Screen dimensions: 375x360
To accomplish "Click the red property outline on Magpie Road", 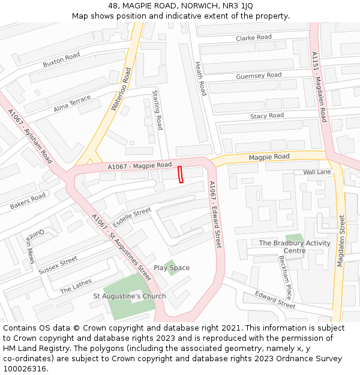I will [x=180, y=173].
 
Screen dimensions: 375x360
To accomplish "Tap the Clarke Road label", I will [x=254, y=38].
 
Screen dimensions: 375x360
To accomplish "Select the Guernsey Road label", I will [x=259, y=76].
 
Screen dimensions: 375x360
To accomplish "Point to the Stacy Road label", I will [x=267, y=116].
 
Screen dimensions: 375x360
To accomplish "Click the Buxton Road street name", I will [x=61, y=60].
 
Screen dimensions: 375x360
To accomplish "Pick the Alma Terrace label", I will [x=72, y=103].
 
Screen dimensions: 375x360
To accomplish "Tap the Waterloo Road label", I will [x=121, y=89].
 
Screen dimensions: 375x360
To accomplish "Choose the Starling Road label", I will [x=157, y=110].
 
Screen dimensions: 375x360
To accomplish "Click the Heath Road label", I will [x=200, y=79].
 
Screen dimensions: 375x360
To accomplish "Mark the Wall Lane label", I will [x=317, y=172].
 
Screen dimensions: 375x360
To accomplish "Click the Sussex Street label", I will [x=58, y=265].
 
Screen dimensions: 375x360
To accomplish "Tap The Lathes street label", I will [x=76, y=286].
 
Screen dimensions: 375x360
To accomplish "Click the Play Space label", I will [x=172, y=268].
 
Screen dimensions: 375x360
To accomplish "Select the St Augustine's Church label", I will [x=130, y=296].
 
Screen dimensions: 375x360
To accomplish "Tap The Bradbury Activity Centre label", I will [x=295, y=247].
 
